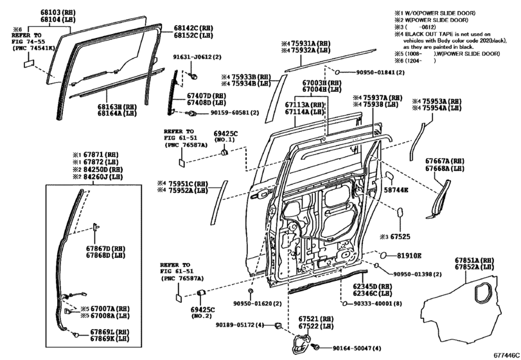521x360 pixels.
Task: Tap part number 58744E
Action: (396, 191)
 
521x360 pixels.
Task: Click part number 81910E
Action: (409, 256)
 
